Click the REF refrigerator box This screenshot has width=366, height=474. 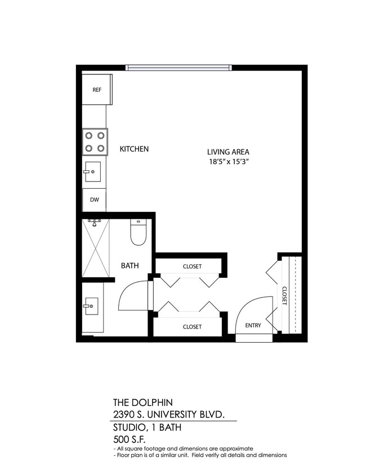96,89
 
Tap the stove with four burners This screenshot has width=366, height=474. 95,142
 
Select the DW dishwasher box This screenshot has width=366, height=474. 94,200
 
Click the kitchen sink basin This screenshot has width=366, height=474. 92,171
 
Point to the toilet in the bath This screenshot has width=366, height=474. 138,232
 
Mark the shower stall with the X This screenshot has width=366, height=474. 95,248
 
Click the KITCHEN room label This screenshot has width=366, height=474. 134,149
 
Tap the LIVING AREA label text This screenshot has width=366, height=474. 228,152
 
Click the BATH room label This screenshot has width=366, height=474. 130,266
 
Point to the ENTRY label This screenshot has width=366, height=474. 253,326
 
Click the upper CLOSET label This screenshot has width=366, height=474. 192,267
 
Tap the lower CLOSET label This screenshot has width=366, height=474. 192,326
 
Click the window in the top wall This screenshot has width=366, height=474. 178,68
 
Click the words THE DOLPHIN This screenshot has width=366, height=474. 142,402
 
